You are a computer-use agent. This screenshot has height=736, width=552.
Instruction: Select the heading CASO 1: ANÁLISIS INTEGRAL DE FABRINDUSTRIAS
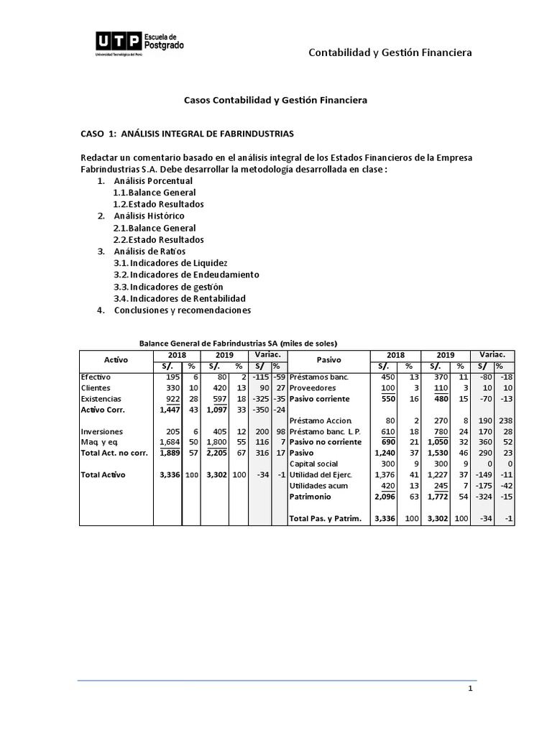[186, 134]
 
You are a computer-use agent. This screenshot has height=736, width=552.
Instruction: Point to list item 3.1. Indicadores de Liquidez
[170, 263]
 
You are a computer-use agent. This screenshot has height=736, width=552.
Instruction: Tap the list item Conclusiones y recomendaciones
[182, 310]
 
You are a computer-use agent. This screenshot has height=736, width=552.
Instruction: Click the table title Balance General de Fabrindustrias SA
[238, 343]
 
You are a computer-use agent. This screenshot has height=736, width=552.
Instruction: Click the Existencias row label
[101, 399]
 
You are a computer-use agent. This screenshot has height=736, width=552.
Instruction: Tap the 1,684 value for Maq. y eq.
[169, 441]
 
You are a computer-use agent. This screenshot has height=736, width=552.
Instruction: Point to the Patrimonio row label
[310, 497]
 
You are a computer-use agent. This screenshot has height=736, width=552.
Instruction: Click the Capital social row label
[314, 464]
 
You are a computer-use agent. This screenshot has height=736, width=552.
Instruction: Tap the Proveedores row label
[313, 387]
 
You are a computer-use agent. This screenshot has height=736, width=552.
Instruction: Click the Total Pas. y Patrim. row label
[326, 518]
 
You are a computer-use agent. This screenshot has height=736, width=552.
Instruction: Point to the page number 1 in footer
[469, 689]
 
